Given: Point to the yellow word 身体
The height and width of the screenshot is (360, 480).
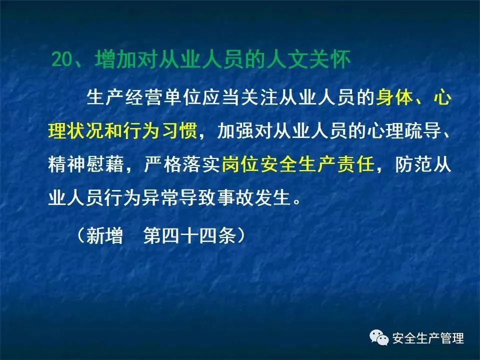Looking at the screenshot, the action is pyautogui.click(x=394, y=98).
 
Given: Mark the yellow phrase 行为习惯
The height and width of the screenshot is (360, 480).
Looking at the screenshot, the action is pyautogui.click(x=161, y=131).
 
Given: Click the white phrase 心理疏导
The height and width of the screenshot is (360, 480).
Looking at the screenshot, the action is pyautogui.click(x=403, y=131).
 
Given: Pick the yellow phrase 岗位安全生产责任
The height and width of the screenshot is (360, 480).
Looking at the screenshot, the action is pyautogui.click(x=298, y=164).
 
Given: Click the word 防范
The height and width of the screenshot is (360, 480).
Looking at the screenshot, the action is pyautogui.click(x=413, y=164).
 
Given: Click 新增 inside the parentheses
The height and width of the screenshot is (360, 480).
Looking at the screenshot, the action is pyautogui.click(x=104, y=235).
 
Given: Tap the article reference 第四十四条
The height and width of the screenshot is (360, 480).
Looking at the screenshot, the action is pyautogui.click(x=190, y=235).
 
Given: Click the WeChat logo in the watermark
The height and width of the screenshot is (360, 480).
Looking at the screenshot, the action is pyautogui.click(x=379, y=337).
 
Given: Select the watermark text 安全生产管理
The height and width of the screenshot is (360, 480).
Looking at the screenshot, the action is pyautogui.click(x=428, y=338).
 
